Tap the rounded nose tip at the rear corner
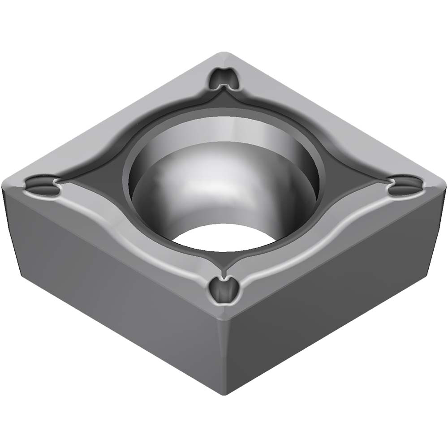pyautogui.click(x=224, y=55)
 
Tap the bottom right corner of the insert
pyautogui.click(x=428, y=273)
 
